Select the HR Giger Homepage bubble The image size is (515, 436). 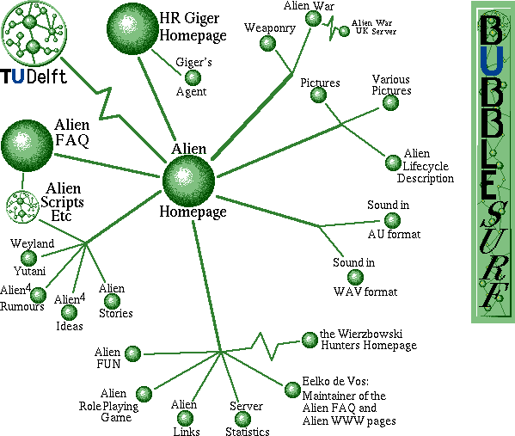coord(132,28)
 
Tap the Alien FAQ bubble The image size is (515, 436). coord(27,145)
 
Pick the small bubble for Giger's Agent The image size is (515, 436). coord(193,78)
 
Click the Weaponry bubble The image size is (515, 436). coord(267,43)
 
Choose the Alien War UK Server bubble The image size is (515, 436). coord(344,31)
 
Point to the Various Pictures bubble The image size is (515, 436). coord(390,102)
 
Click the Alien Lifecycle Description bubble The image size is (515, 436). coord(393,163)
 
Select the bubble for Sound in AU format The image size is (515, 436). coord(392,220)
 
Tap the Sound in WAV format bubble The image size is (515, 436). coord(355,278)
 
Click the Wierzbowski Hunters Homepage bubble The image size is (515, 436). coord(310,340)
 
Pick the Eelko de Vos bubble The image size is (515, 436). coord(292,390)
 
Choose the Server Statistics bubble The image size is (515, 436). coord(242,419)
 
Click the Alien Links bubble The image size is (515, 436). coord(185,418)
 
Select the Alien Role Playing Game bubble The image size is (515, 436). coord(144,394)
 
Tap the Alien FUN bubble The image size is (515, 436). coord(132,353)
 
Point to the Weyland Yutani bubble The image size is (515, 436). coord(29,258)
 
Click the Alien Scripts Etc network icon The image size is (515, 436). coord(22,206)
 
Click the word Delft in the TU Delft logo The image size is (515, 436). coord(47,77)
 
